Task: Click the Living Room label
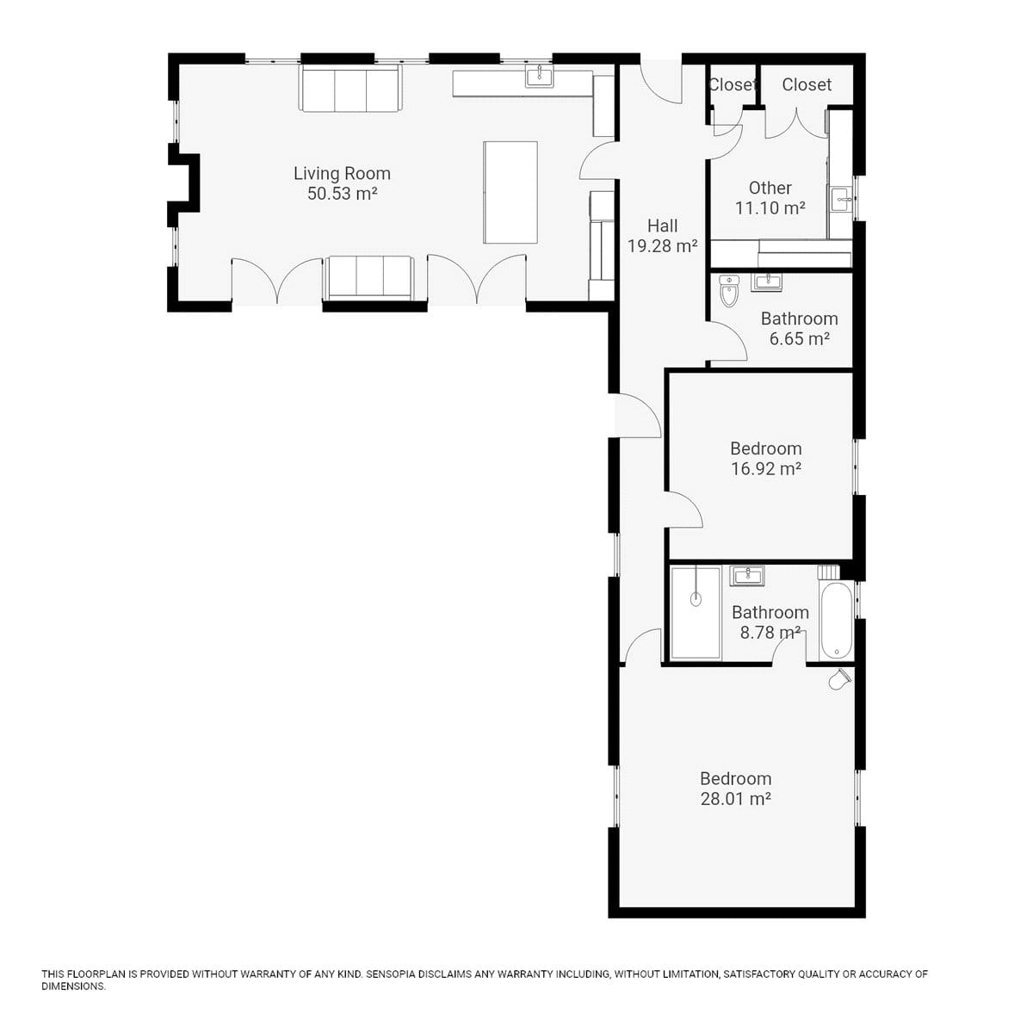pyautogui.click(x=342, y=173)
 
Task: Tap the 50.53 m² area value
pyautogui.click(x=342, y=194)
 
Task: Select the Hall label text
pyautogui.click(x=663, y=226)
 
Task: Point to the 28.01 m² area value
pyautogui.click(x=735, y=799)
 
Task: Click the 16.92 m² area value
pyautogui.click(x=766, y=468)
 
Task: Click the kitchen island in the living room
pyautogui.click(x=510, y=192)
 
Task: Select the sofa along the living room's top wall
pyautogui.click(x=350, y=88)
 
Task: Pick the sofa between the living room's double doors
pyautogui.click(x=368, y=278)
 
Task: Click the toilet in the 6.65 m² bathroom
pyautogui.click(x=729, y=290)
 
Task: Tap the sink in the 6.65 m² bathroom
pyautogui.click(x=767, y=281)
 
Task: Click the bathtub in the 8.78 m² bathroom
pyautogui.click(x=836, y=621)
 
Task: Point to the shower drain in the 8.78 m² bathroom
pyautogui.click(x=696, y=599)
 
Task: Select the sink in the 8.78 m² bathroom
pyautogui.click(x=746, y=576)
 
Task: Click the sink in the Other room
pyautogui.click(x=840, y=199)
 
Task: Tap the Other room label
pyautogui.click(x=770, y=188)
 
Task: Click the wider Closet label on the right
pyautogui.click(x=807, y=84)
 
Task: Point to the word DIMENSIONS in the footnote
pyautogui.click(x=73, y=987)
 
